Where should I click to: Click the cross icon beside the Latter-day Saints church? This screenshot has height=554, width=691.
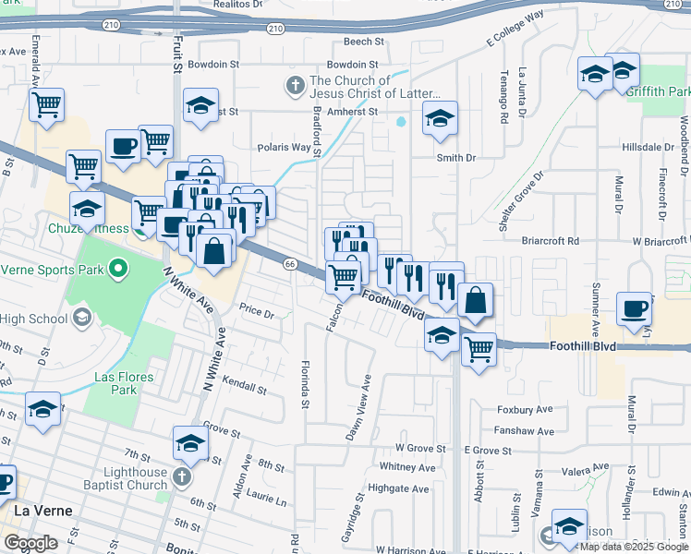pyautogui.click(x=296, y=87)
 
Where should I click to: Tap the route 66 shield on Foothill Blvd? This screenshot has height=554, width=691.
pyautogui.click(x=289, y=264)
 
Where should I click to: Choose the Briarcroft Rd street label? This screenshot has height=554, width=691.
pyautogui.click(x=549, y=240)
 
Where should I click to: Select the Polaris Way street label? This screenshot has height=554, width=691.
pyautogui.click(x=284, y=147)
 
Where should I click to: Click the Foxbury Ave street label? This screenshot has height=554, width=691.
pyautogui.click(x=524, y=409)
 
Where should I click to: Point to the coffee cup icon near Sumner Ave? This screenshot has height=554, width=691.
pyautogui.click(x=635, y=309)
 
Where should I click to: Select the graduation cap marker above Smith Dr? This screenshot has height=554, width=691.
pyautogui.click(x=440, y=118)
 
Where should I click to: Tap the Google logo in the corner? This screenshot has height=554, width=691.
pyautogui.click(x=30, y=543)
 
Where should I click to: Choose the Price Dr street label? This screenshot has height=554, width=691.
pyautogui.click(x=257, y=313)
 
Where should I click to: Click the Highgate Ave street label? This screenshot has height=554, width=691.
pyautogui.click(x=398, y=488)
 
